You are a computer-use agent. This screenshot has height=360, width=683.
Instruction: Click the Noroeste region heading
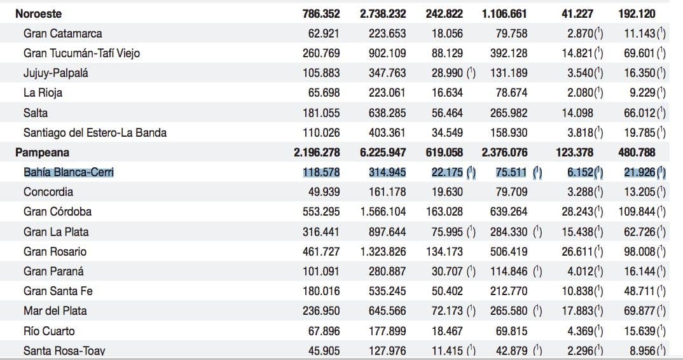pyautogui.click(x=38, y=13)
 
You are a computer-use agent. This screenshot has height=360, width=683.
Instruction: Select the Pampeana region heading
pyautogui.click(x=42, y=153)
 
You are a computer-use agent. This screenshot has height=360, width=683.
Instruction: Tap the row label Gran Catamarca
pyautogui.click(x=63, y=34)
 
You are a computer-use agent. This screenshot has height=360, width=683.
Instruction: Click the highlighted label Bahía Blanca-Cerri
pyautogui.click(x=69, y=172)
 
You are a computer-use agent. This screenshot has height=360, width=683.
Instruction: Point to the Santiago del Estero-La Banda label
pyautogui.click(x=95, y=132)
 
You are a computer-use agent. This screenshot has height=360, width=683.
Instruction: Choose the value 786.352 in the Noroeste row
pyautogui.click(x=321, y=13)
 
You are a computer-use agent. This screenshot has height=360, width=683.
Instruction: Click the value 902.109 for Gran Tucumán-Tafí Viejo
pyautogui.click(x=387, y=53)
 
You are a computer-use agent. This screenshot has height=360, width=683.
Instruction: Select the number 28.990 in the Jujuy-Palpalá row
pyautogui.click(x=447, y=73)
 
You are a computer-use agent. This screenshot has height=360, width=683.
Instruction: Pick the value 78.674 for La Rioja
pyautogui.click(x=509, y=93)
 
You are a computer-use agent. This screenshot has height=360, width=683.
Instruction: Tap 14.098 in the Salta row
pyautogui.click(x=577, y=113)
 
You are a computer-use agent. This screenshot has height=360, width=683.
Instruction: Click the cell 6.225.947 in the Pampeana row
pyautogui.click(x=383, y=153)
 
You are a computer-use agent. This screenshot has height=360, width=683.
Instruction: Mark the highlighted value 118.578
pyautogui.click(x=321, y=172)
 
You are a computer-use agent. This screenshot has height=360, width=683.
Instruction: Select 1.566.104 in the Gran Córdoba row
pyautogui.click(x=383, y=212)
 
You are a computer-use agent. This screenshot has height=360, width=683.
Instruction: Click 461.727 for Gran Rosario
pyautogui.click(x=321, y=251)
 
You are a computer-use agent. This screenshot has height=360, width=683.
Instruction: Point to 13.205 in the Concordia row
pyautogui.click(x=640, y=192)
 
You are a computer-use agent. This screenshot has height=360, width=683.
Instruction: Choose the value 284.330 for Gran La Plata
pyautogui.click(x=509, y=232)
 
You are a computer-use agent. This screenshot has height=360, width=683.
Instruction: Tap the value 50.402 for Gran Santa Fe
pyautogui.click(x=447, y=291)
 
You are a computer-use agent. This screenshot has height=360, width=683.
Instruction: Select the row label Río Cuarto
pyautogui.click(x=49, y=331)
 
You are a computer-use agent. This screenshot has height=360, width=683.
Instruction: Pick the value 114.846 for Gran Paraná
pyautogui.click(x=509, y=271)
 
